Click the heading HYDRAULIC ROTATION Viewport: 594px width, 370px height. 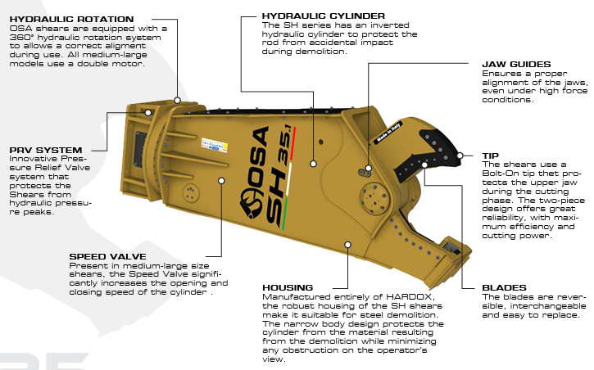pyautogui.click(x=70, y=18)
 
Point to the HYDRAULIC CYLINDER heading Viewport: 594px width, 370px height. pyautogui.click(x=311, y=16)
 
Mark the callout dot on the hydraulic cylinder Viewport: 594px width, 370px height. pyautogui.click(x=313, y=164)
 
